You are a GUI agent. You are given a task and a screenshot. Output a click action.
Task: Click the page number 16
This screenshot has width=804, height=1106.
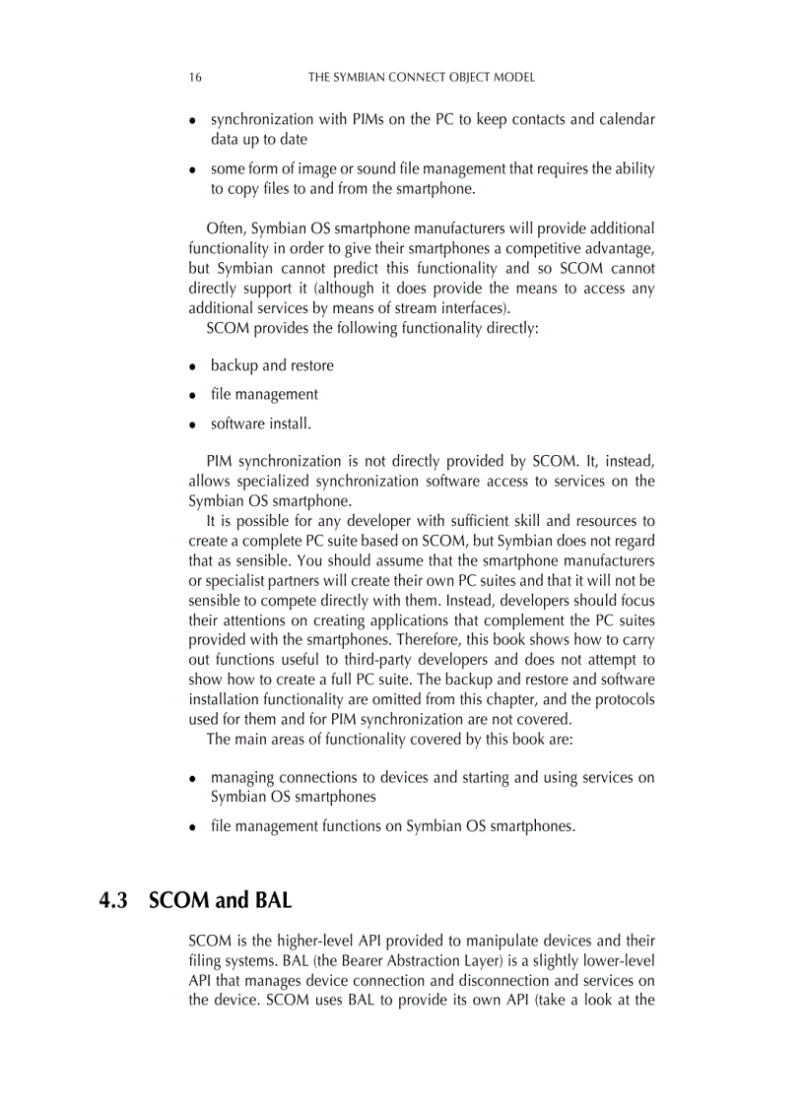pyautogui.click(x=195, y=77)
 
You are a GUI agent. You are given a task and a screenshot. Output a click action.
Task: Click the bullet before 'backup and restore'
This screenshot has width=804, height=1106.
pyautogui.click(x=194, y=366)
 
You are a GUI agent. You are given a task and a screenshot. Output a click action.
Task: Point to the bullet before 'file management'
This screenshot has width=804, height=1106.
pyautogui.click(x=194, y=395)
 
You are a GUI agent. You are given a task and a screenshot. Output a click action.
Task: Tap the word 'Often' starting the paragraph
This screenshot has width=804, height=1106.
pyautogui.click(x=225, y=229)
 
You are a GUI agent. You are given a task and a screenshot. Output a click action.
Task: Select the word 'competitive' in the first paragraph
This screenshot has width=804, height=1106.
pyautogui.click(x=549, y=249)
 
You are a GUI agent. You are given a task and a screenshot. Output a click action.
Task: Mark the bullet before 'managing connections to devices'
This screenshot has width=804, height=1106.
pyautogui.click(x=194, y=778)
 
